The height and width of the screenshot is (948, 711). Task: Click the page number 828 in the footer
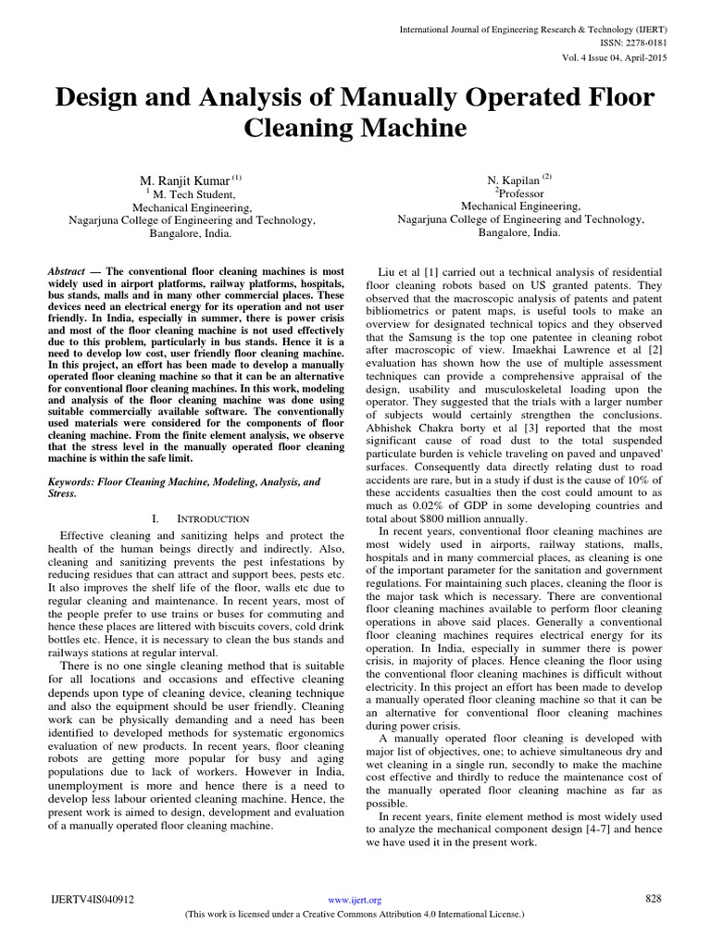click(x=654, y=898)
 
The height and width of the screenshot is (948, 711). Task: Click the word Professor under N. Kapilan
click(x=521, y=193)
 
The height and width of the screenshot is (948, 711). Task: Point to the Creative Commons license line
click(x=355, y=913)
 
